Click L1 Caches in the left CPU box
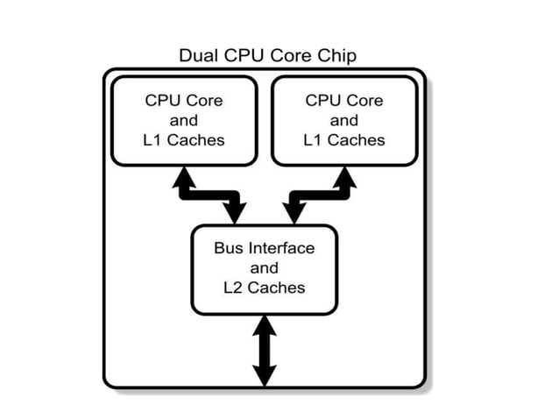[x=184, y=139]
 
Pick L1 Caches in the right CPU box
[x=344, y=139]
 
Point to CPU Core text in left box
[x=184, y=100]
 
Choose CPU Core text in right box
[x=344, y=100]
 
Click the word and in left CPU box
[x=184, y=120]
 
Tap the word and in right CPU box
[x=344, y=120]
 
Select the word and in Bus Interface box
[x=264, y=268]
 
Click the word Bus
[x=228, y=248]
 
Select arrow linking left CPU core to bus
[x=210, y=194]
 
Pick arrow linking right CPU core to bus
[x=317, y=194]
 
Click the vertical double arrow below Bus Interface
[x=264, y=351]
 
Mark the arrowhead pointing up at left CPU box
[x=185, y=176]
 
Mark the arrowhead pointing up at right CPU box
[x=343, y=176]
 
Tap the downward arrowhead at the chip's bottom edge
[x=264, y=377]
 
